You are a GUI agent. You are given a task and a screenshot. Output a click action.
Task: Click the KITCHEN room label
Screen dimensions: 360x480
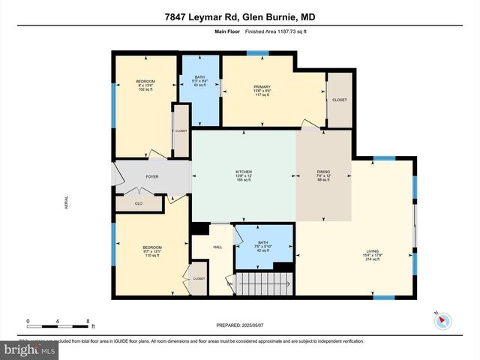pos(243,175)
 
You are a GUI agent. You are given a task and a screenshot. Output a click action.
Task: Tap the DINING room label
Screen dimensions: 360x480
pos(323,175)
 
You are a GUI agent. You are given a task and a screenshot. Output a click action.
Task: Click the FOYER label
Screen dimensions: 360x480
pos(152,177)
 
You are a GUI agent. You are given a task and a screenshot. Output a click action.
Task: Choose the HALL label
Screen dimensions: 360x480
pos(217,247)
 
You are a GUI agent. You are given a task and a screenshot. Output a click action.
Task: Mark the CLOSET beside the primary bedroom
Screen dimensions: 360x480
pos(340,100)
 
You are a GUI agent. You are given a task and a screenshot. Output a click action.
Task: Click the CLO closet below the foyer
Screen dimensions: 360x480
pos(139,202)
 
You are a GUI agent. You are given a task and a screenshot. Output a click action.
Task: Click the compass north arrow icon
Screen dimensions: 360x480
pos(442,320)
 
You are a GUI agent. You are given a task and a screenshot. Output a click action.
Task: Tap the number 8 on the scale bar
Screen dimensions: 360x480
pos(88,321)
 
